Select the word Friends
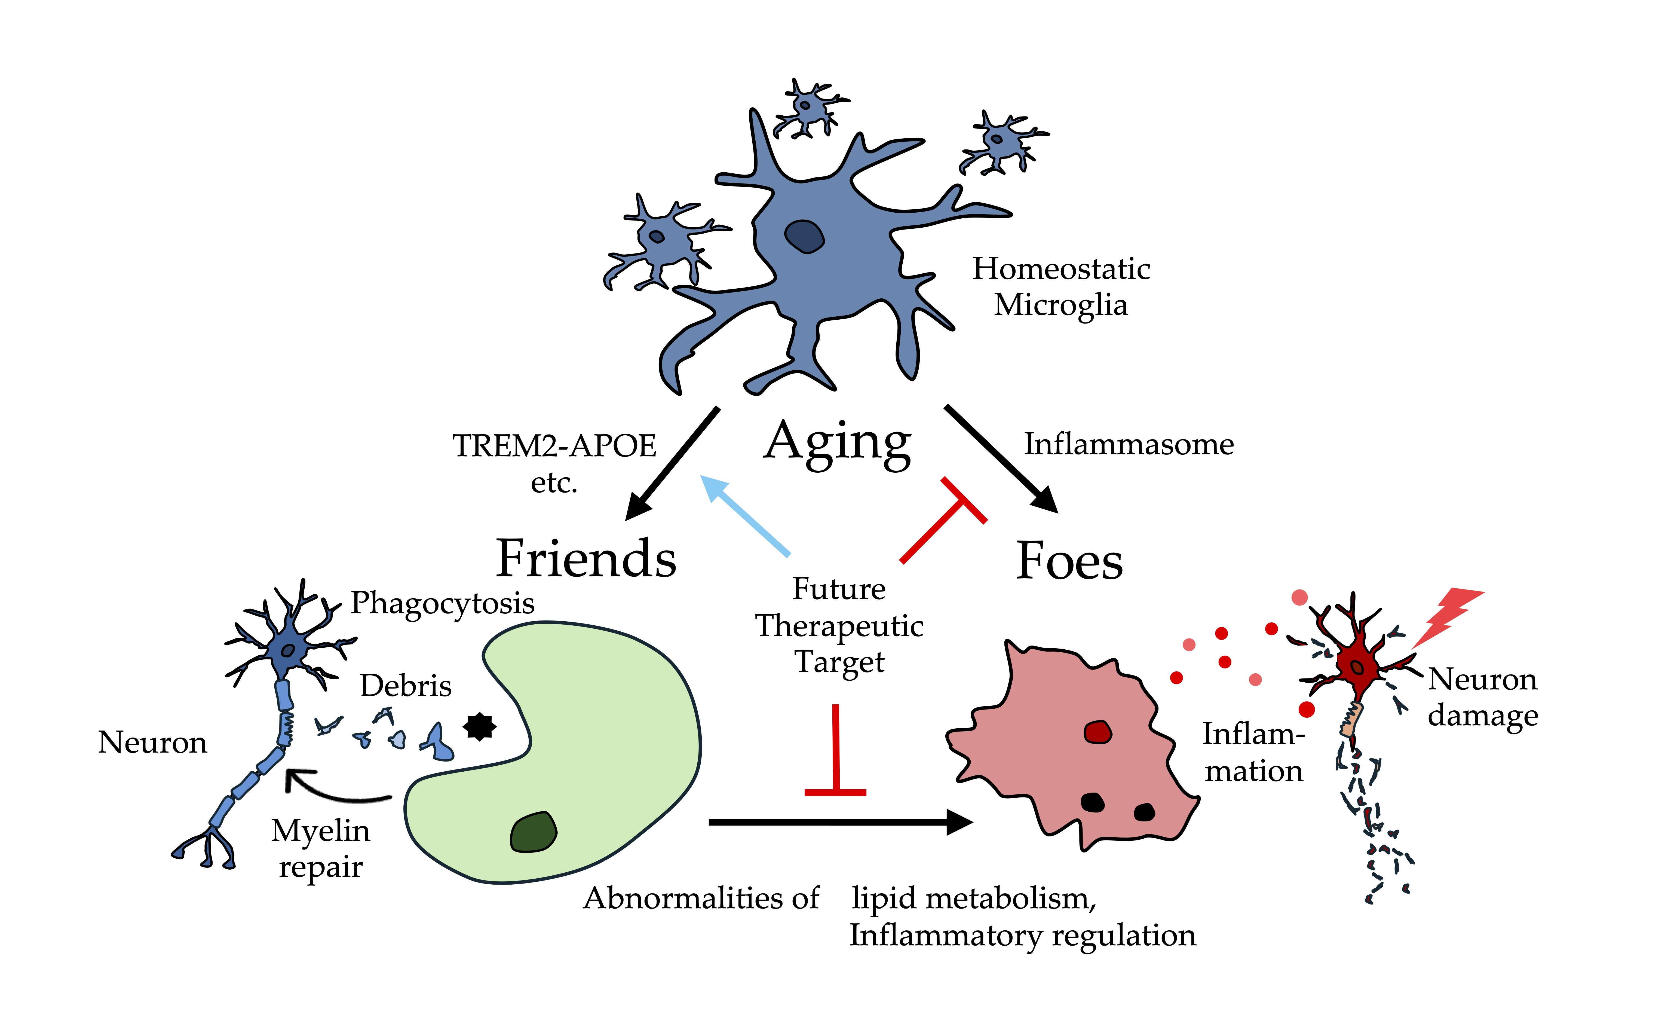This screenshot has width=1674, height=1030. [586, 559]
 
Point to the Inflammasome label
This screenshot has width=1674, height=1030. [1129, 444]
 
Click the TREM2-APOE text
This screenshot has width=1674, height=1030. [554, 446]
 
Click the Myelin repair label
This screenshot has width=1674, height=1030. [321, 848]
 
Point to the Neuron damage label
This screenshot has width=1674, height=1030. [1483, 697]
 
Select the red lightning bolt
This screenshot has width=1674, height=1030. [1447, 616]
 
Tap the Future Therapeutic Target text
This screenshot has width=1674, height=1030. [839, 625]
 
